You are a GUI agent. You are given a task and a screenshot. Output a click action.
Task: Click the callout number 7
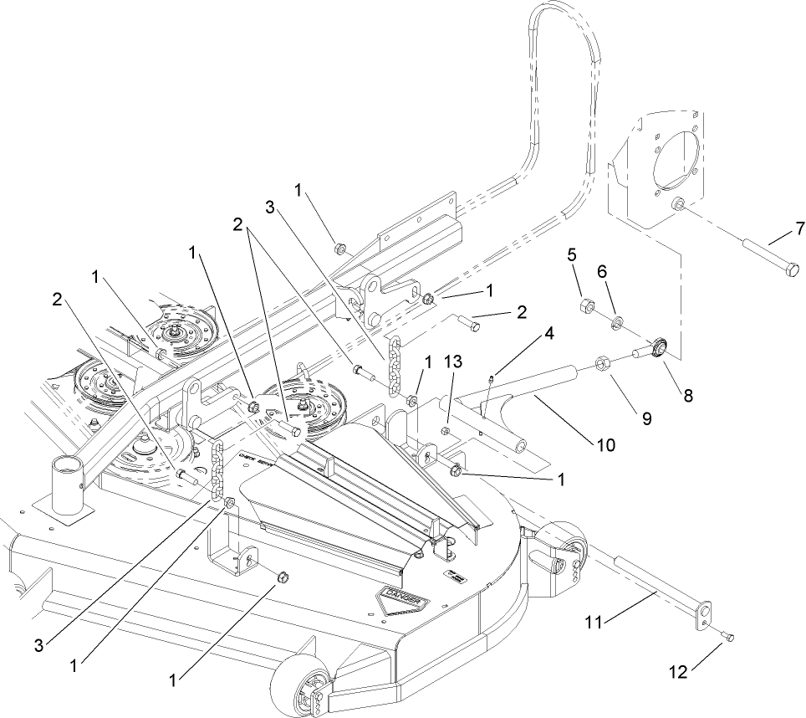(x=799, y=228)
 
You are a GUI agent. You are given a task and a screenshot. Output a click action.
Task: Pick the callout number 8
(x=688, y=397)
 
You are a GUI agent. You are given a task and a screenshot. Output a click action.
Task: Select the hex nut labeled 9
(x=600, y=363)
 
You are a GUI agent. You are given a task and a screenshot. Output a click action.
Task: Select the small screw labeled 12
(x=729, y=639)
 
